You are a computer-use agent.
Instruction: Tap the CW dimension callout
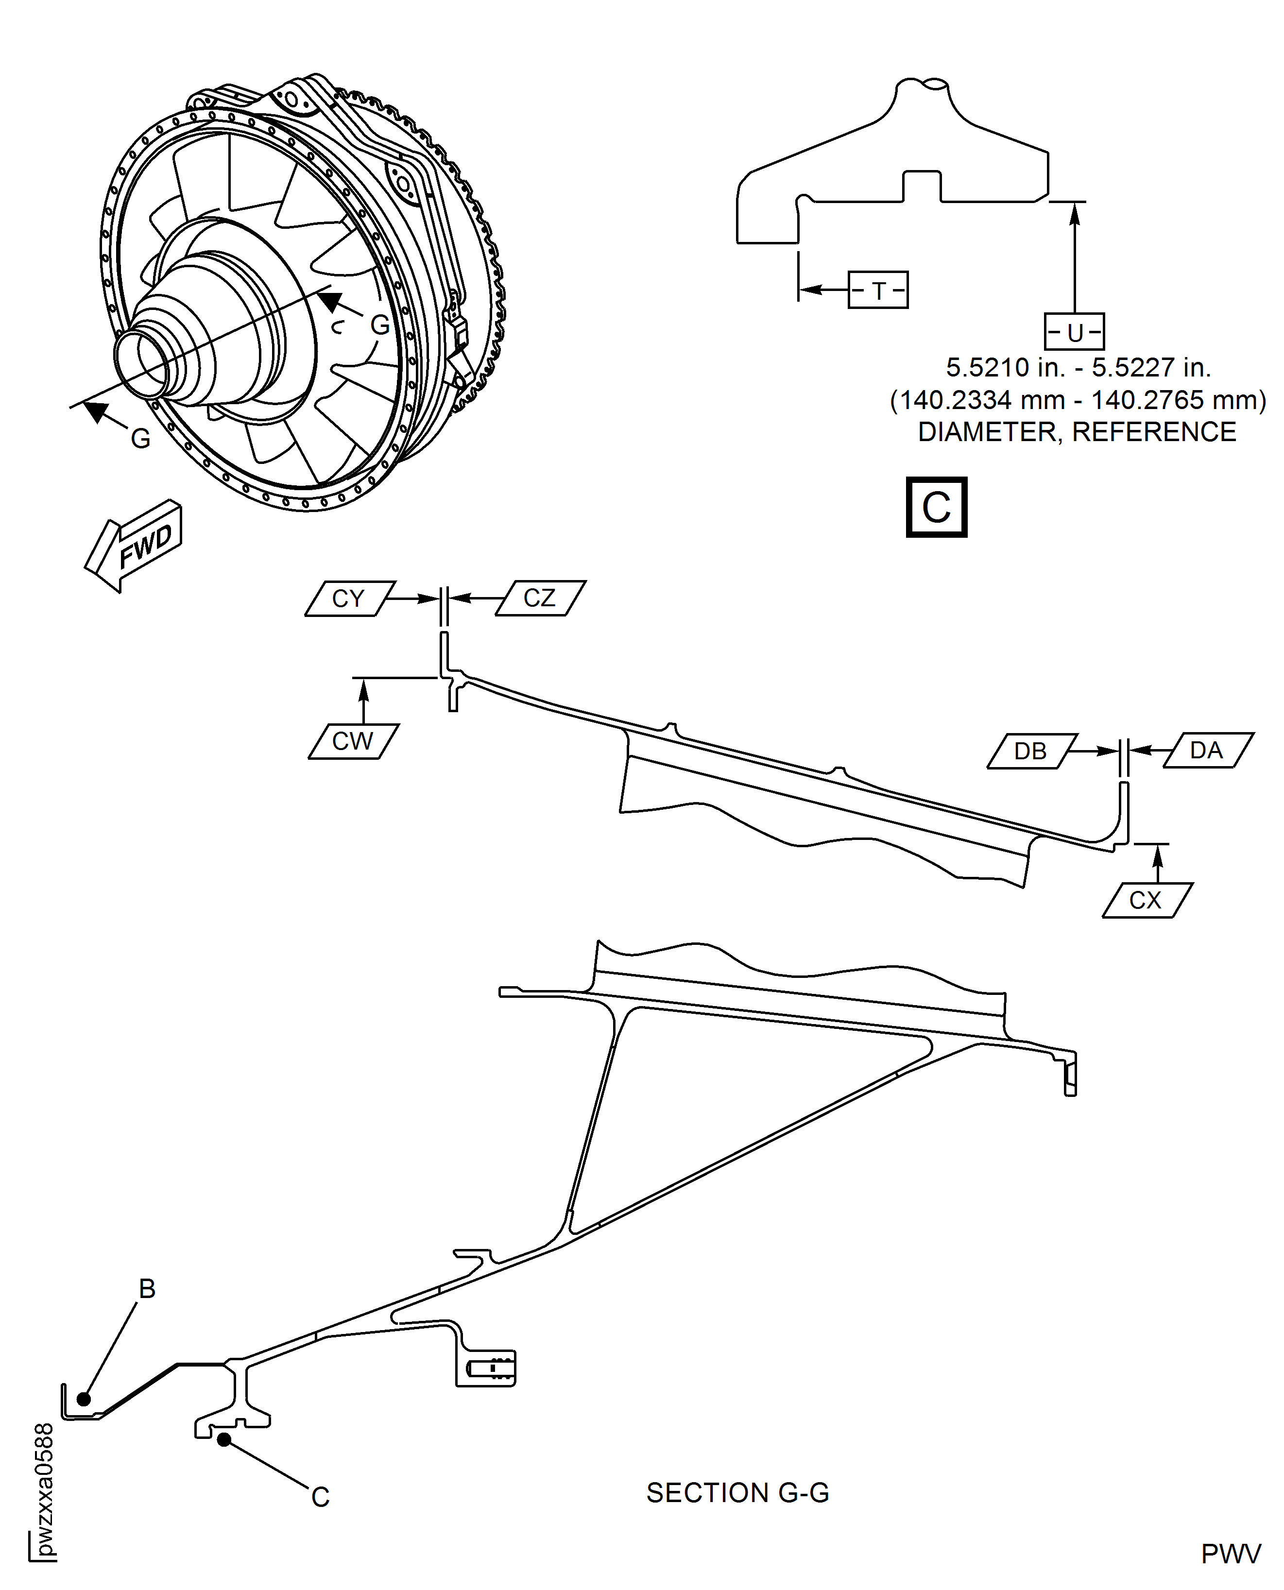point(353,741)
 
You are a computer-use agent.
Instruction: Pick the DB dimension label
point(1031,752)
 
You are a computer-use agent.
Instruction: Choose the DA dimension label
point(1207,750)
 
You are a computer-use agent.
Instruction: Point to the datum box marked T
point(878,290)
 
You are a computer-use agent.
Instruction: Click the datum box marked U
point(1074,332)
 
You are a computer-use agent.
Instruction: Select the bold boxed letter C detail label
point(936,507)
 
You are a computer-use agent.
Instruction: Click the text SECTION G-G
point(737,1492)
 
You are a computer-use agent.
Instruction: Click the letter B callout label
point(147,1288)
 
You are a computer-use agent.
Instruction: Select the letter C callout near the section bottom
point(320,1497)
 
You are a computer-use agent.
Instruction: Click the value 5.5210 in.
point(1004,368)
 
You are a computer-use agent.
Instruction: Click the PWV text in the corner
point(1230,1554)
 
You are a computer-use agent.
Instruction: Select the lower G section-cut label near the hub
point(140,439)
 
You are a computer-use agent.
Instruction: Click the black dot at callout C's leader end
point(223,1439)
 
